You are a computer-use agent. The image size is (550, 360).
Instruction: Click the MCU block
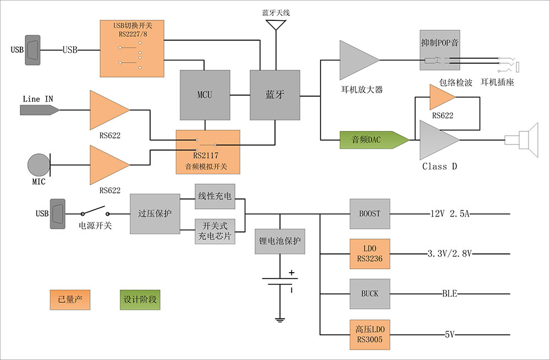(205, 95)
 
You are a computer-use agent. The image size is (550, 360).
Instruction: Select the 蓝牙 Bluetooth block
(275, 95)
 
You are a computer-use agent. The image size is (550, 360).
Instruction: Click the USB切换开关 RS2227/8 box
(132, 48)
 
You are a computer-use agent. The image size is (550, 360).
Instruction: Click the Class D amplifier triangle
(436, 140)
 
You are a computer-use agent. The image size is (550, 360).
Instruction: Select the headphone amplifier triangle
(356, 60)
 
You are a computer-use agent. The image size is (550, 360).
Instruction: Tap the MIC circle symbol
(38, 164)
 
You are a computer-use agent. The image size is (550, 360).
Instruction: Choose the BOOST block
(370, 214)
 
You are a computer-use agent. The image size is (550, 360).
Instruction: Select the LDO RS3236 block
(370, 253)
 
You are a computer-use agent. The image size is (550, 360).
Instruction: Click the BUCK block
(370, 293)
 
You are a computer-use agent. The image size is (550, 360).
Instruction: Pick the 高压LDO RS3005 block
(370, 334)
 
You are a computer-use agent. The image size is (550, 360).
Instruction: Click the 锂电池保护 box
(280, 241)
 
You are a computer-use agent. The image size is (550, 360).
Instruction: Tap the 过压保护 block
(155, 214)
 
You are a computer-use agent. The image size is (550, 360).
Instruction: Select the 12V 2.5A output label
(449, 214)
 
